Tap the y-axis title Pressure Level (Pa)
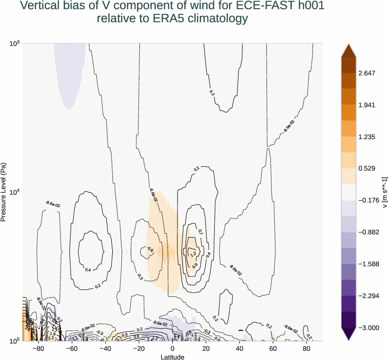coord(4,192)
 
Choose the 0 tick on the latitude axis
coord(173,348)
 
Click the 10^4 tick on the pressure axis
coord(14,192)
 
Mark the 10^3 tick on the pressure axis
coord(14,43)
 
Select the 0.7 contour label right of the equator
coord(200,232)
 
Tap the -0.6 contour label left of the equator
coord(150,250)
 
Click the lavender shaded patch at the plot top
coord(70,72)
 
